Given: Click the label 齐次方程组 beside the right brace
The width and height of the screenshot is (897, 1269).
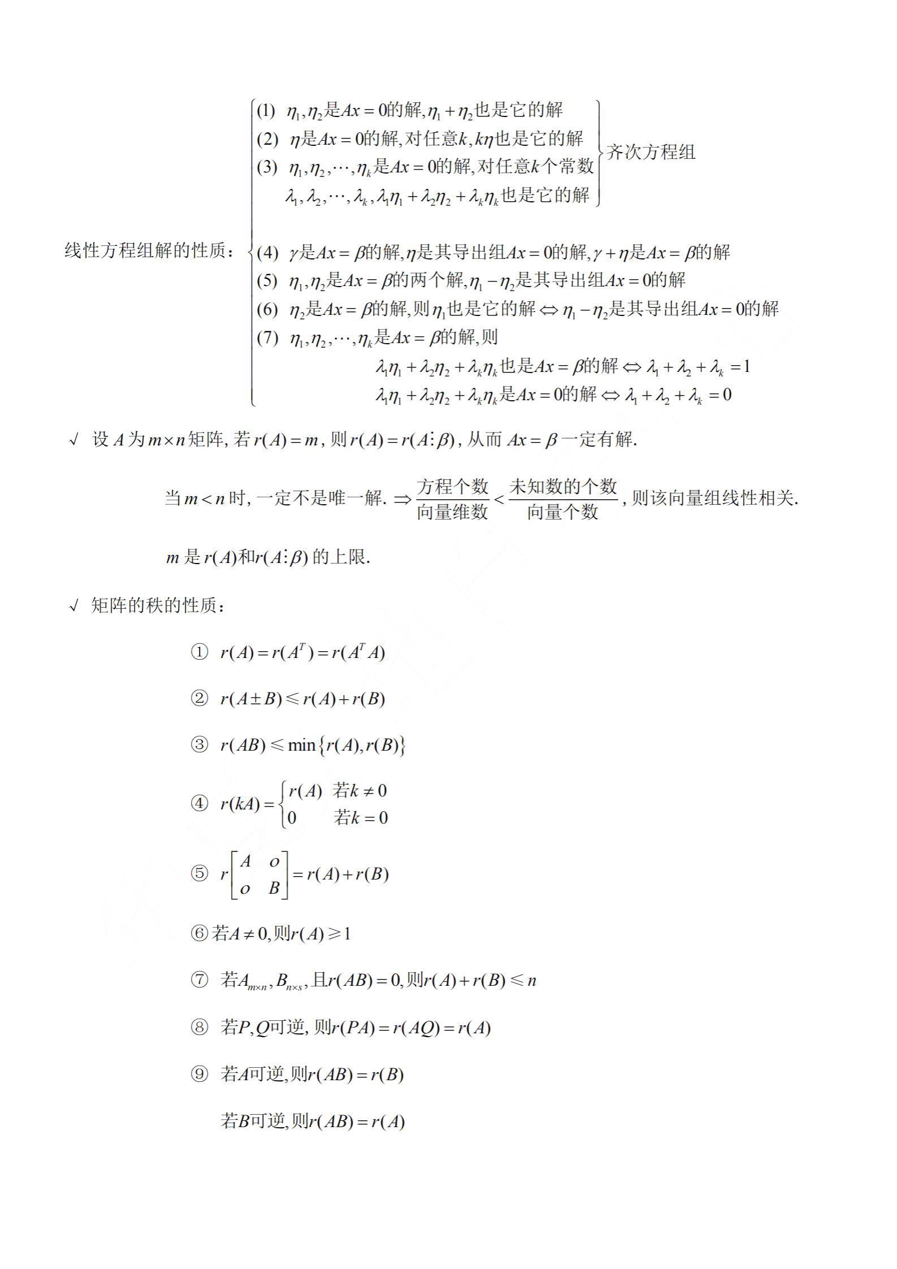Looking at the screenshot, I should tap(651, 153).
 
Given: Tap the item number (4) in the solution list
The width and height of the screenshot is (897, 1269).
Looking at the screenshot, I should tap(267, 252).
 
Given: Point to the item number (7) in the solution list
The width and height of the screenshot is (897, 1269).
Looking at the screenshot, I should tap(267, 338).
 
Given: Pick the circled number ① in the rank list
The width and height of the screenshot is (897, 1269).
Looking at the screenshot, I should tap(200, 653).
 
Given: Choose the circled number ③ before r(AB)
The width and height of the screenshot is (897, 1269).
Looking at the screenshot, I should tap(200, 745).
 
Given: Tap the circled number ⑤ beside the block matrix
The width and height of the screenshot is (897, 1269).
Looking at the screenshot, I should tap(200, 874).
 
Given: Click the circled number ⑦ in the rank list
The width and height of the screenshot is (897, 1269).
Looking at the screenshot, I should tap(200, 980).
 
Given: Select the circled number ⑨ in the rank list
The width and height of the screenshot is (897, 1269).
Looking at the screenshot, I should tap(200, 1074).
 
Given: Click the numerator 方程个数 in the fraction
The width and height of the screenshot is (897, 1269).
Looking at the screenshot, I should tap(452, 486).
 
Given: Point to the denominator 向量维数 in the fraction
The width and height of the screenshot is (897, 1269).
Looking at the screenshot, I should tap(452, 512).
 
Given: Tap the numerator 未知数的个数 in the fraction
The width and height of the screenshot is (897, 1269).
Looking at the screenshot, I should tap(562, 486).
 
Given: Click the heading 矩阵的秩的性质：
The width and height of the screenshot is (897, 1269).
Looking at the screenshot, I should tap(159, 606).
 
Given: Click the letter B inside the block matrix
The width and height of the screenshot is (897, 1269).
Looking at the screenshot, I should tap(274, 888).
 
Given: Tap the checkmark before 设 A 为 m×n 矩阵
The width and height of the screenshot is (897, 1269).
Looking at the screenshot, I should tap(73, 440).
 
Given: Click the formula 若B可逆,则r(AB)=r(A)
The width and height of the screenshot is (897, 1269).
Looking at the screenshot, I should tap(313, 1121).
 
